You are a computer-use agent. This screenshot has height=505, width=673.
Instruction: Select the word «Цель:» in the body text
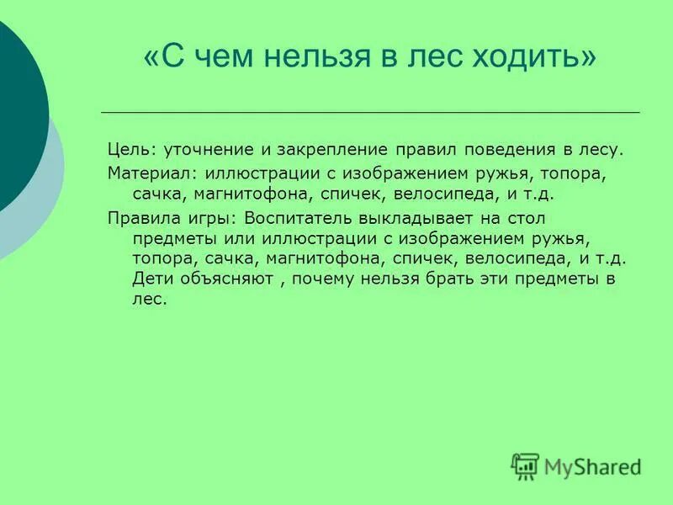(130, 151)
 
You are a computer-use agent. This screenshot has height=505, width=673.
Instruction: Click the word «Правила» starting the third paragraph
(140, 216)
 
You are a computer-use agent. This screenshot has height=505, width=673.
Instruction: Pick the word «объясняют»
(225, 279)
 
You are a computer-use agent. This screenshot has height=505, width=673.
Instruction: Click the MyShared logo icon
(525, 465)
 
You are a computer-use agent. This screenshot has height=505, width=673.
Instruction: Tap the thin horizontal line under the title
(370, 112)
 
